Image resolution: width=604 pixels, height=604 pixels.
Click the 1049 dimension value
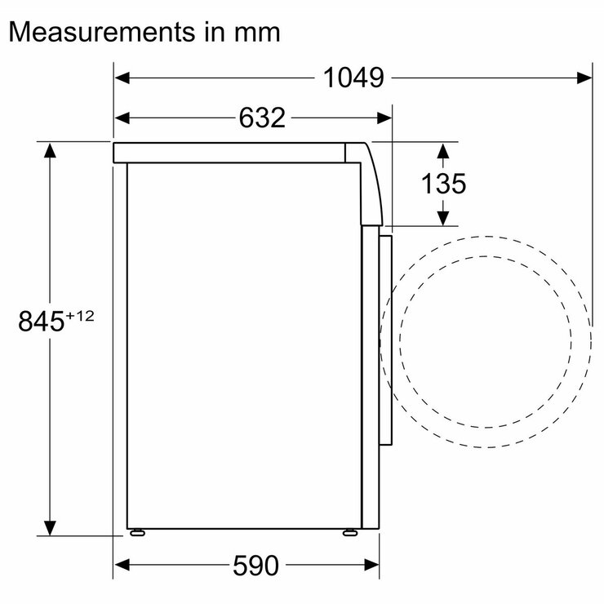[x=353, y=78]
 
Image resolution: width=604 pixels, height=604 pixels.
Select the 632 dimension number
[x=262, y=118]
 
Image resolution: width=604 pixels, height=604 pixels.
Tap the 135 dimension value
[x=443, y=184]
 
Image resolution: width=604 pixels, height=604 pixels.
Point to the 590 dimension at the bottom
[x=255, y=566]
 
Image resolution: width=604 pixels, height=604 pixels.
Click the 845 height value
[x=41, y=321]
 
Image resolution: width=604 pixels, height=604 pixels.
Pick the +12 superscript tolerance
[x=80, y=316]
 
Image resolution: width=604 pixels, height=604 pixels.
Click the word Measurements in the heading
[x=102, y=32]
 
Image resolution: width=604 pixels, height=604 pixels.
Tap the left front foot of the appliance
[x=137, y=533]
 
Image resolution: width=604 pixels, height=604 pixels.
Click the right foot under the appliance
[x=350, y=533]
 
